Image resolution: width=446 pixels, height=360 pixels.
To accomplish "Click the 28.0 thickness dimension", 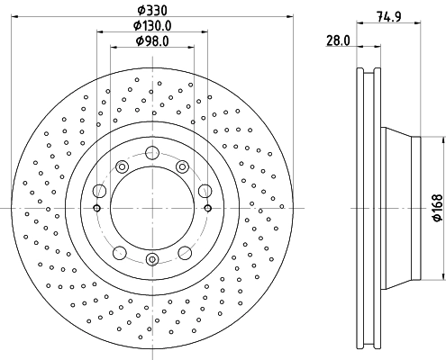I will click(x=338, y=40).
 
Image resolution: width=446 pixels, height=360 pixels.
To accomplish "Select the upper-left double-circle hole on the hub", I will click(x=122, y=166).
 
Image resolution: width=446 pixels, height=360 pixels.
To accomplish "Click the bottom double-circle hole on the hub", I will click(x=151, y=260).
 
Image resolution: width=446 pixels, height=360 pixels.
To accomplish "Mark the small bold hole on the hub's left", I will click(x=96, y=208).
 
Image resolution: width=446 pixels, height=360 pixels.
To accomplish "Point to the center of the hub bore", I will click(x=151, y=208).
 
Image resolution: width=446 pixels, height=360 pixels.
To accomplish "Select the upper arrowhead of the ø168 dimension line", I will click(x=442, y=140).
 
